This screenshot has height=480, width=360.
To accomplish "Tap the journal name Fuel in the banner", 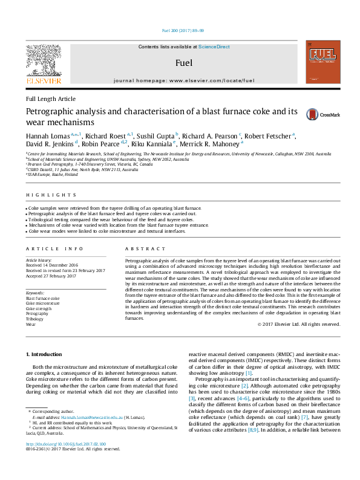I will [184, 62].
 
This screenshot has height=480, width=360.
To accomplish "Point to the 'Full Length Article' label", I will [50, 99].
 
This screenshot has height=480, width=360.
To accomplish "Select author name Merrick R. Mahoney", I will [215, 145].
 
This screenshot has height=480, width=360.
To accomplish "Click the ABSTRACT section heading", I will [140, 249].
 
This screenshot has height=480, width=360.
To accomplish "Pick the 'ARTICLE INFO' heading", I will [54, 249].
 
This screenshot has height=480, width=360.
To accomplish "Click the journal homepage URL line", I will [184, 80].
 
